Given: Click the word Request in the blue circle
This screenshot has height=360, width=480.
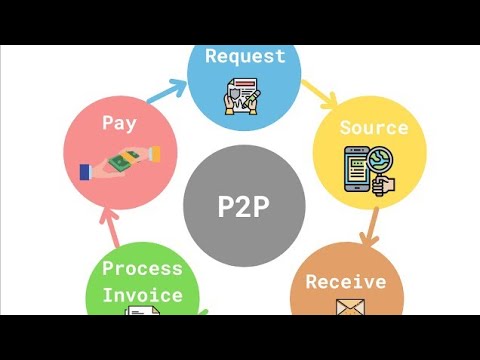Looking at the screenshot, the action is point(244,56).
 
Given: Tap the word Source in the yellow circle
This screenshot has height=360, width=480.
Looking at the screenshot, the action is point(373,128).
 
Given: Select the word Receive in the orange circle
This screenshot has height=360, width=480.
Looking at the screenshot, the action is point(345,281).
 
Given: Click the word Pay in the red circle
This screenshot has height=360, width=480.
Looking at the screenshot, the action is point(118,123).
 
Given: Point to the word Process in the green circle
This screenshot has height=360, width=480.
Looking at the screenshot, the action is point(142,268).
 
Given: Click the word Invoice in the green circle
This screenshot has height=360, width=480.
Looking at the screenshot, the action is point(142,295).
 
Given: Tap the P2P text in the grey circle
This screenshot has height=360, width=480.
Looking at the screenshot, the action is point(245,206).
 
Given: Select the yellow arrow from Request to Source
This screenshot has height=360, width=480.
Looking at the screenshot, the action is point(319,96).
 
